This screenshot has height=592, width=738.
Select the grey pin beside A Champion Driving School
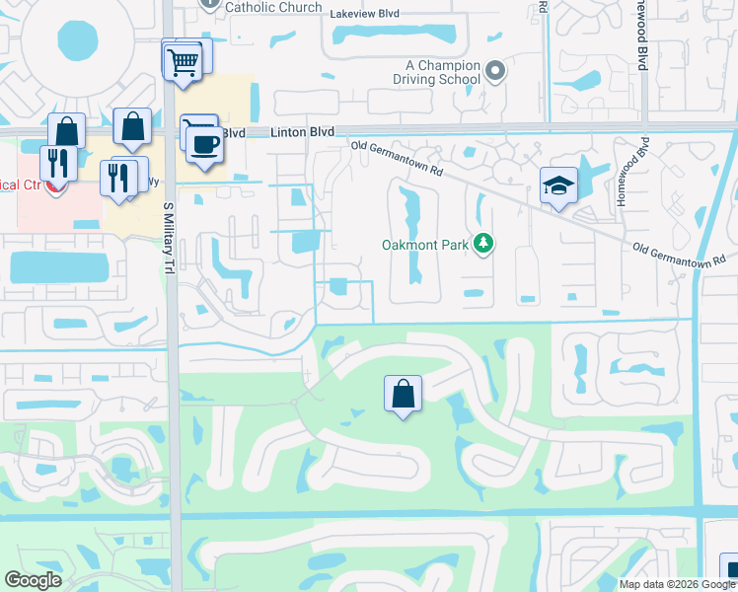click(x=496, y=70)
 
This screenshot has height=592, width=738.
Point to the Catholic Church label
click(x=273, y=7)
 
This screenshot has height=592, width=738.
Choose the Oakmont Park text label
click(x=425, y=245)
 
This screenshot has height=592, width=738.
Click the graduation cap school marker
click(x=558, y=185)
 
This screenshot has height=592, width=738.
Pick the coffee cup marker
click(x=204, y=144)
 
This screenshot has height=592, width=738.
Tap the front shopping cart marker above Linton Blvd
click(x=182, y=61)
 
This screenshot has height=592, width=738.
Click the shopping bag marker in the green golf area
click(x=403, y=394)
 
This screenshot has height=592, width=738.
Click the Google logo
click(x=33, y=580)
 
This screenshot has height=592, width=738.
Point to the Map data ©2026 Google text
click(x=677, y=584)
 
